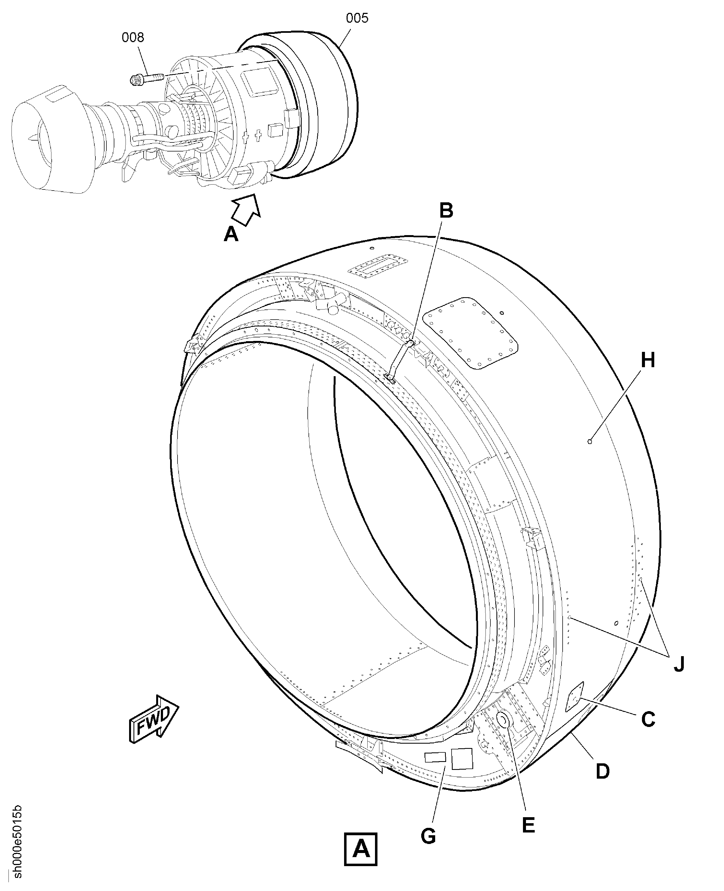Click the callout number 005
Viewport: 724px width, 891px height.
point(357,18)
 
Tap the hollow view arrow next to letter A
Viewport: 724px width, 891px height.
point(246,210)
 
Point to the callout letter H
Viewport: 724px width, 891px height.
point(648,360)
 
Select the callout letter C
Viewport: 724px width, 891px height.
point(648,719)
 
